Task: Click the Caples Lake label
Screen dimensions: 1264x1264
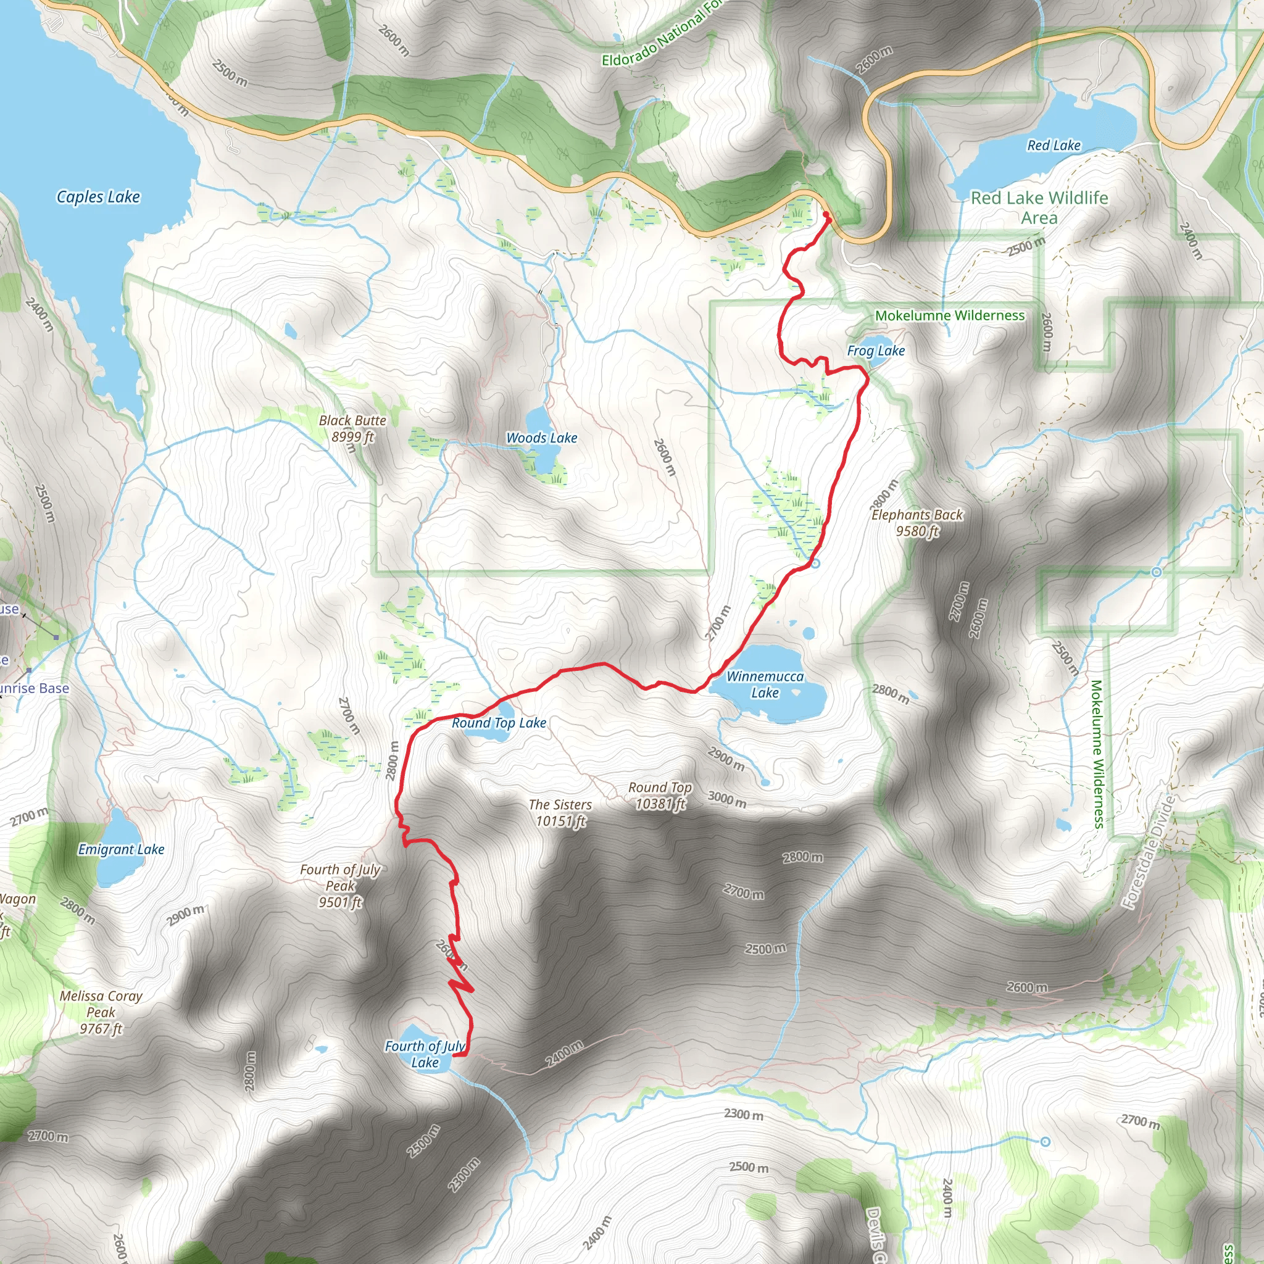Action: pyautogui.click(x=98, y=197)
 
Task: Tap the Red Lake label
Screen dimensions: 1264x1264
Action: pyautogui.click(x=1054, y=145)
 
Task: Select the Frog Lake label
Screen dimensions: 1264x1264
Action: pyautogui.click(x=875, y=351)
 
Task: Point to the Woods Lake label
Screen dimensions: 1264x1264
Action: pyautogui.click(x=542, y=438)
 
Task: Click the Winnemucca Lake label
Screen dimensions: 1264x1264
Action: pyautogui.click(x=765, y=684)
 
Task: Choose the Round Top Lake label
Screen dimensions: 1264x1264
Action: pyautogui.click(x=499, y=723)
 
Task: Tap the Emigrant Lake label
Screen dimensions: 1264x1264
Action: pyautogui.click(x=121, y=849)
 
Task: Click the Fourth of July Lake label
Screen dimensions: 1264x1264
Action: pyautogui.click(x=425, y=1054)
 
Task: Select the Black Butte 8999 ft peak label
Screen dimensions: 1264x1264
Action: pyautogui.click(x=352, y=428)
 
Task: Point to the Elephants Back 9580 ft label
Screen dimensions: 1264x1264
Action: pyautogui.click(x=917, y=523)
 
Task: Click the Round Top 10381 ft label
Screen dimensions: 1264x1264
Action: pyautogui.click(x=660, y=796)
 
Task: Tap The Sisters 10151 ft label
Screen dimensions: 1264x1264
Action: pyautogui.click(x=560, y=813)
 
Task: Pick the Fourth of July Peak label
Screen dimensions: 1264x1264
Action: pyautogui.click(x=340, y=886)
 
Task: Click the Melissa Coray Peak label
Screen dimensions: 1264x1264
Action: pyautogui.click(x=101, y=1012)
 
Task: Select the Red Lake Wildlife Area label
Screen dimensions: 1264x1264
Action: pyautogui.click(x=1039, y=207)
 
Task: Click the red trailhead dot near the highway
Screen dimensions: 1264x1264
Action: pyautogui.click(x=826, y=215)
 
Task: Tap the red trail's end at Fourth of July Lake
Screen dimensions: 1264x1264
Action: pyautogui.click(x=455, y=1055)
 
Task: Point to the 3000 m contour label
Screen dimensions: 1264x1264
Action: pyautogui.click(x=727, y=799)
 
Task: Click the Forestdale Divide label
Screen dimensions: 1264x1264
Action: pyautogui.click(x=1149, y=851)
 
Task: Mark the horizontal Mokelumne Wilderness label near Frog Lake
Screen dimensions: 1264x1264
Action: pyautogui.click(x=950, y=315)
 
